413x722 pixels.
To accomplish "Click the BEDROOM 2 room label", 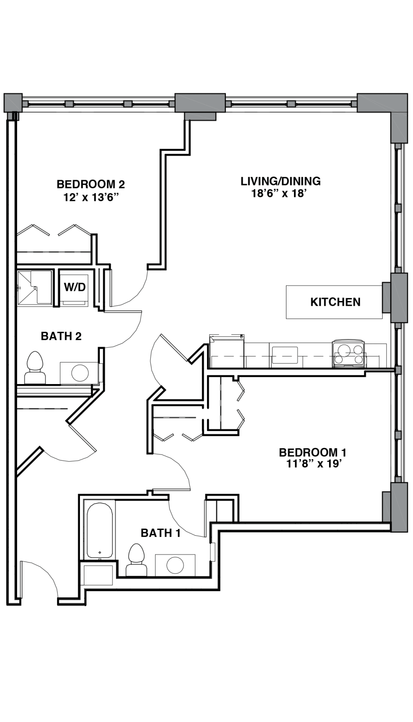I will coord(91,184).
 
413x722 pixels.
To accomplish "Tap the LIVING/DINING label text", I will coord(280,181).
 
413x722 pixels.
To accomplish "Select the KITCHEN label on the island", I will coord(335,302).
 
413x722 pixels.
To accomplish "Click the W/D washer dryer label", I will coord(75,287).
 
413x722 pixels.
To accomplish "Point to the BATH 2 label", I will coord(61,336).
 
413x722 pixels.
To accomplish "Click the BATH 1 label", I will coord(160,533).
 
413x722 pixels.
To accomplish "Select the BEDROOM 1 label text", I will coord(312,452).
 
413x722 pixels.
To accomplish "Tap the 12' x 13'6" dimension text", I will coord(91,197).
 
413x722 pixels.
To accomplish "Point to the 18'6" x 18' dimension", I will coord(278,193).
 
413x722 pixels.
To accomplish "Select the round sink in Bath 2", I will coord(80,373).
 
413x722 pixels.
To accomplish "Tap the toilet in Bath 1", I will coord(136,559).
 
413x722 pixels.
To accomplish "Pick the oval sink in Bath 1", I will coord(175,565).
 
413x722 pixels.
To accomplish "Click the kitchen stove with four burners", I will coord(349,354).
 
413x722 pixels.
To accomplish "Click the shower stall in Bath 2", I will coord(34,287).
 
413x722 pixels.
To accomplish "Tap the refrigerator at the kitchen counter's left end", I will coord(227,352).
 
